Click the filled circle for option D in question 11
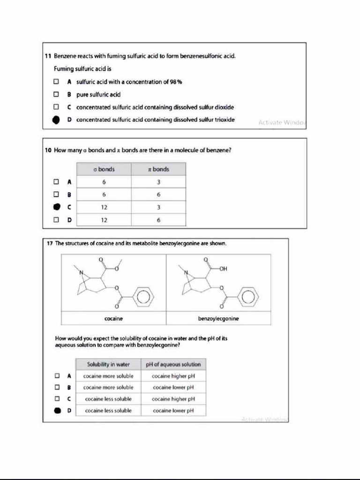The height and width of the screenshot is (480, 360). (x=56, y=120)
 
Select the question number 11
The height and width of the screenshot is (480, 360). (x=48, y=56)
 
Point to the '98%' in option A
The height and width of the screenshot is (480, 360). (x=176, y=82)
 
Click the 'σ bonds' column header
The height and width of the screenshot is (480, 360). (x=104, y=169)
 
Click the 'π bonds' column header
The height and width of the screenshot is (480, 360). (x=158, y=169)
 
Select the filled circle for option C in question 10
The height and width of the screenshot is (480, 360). (x=56, y=207)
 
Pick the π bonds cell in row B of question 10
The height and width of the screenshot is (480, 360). (x=158, y=194)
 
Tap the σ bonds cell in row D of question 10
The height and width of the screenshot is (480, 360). (x=104, y=219)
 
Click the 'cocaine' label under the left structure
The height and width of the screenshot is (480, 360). (x=113, y=319)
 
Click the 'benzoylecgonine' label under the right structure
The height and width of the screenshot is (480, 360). (x=218, y=319)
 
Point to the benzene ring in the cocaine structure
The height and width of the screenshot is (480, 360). (x=143, y=296)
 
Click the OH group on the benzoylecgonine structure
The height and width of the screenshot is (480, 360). (x=223, y=269)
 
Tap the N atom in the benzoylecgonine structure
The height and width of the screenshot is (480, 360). (x=185, y=272)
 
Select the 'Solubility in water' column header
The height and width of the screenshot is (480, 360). (x=108, y=364)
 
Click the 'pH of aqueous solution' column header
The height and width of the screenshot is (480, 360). (x=173, y=364)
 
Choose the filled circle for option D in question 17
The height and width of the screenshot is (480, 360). (x=57, y=411)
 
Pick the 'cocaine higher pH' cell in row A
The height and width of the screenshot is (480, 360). (x=173, y=376)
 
